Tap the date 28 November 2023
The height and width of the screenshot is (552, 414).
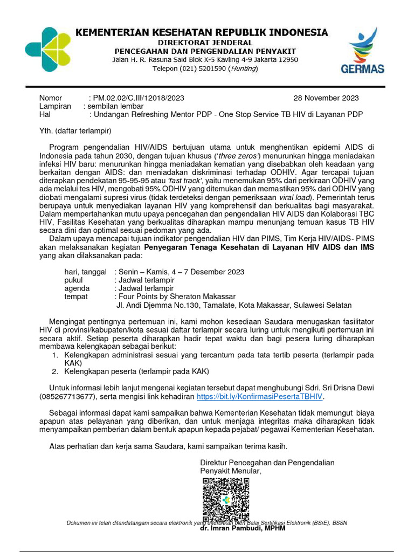(326, 98)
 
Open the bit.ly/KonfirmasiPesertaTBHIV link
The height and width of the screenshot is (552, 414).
(259, 396)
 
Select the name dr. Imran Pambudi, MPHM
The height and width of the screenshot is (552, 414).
(243, 528)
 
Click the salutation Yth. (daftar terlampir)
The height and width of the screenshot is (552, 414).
(75, 130)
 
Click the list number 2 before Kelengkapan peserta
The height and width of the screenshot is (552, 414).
(54, 372)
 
